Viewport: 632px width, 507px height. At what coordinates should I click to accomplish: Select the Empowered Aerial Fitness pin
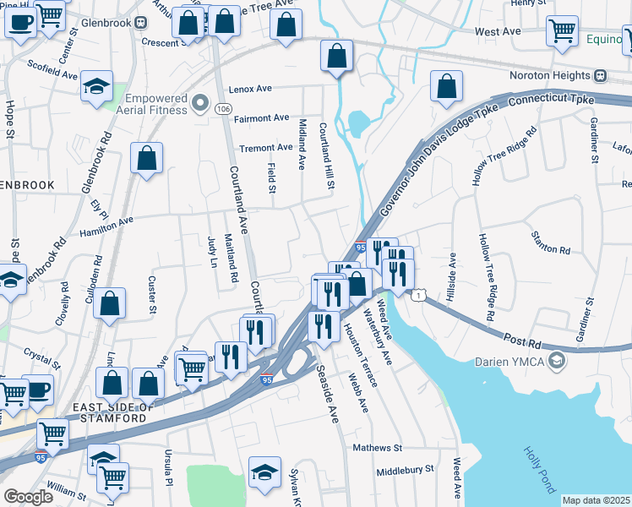(200, 103)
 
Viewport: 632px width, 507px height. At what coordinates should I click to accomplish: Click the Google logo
(28, 496)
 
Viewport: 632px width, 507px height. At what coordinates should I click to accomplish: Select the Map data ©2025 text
(596, 500)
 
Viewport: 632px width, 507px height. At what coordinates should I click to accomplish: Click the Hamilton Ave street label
(106, 226)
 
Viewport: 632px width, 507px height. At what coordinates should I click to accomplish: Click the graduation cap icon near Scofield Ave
(97, 87)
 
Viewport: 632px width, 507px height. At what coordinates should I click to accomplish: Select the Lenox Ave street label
(250, 89)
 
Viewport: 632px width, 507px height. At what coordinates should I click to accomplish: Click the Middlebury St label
(405, 468)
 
